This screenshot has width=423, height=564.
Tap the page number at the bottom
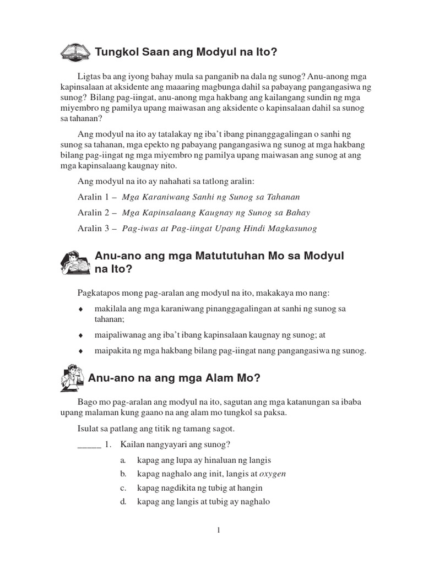click(x=219, y=530)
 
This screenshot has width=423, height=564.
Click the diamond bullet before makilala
click(x=80, y=309)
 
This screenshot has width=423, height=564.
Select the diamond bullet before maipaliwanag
click(x=80, y=335)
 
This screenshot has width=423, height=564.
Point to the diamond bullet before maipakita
click(x=80, y=351)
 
